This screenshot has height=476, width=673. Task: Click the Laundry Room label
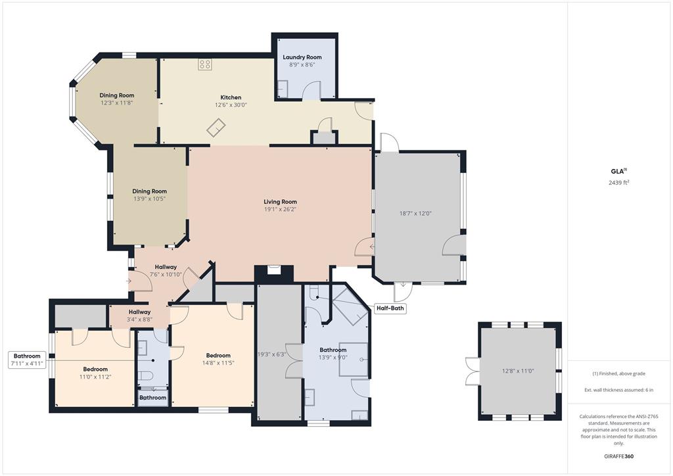tap(302, 57)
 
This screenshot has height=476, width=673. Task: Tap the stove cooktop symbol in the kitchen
tap(205, 64)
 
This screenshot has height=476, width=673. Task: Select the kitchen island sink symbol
tap(216, 128)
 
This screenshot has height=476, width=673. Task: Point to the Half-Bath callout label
tap(390, 308)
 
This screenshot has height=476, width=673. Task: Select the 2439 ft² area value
tap(619, 183)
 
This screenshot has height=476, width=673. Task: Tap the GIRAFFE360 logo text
tap(618, 456)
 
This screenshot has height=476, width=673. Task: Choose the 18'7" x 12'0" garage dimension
tap(415, 213)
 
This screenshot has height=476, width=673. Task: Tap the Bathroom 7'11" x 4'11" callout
tap(26, 360)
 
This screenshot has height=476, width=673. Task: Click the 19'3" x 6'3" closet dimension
tap(271, 354)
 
